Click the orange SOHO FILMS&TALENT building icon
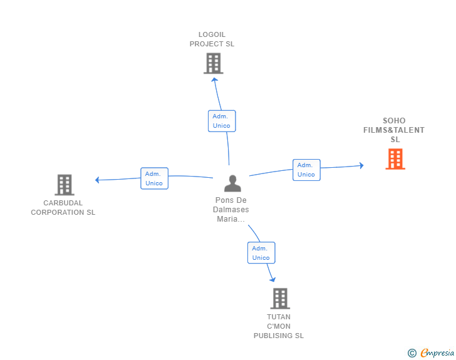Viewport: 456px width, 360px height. [395, 159]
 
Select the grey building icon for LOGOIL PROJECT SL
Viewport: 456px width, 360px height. [214, 63]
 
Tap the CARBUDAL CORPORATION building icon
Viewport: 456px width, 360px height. [65, 185]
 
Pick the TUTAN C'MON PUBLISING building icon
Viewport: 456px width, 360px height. [280, 299]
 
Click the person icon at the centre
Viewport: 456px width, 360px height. [232, 183]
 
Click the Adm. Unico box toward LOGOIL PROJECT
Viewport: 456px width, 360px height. [222, 121]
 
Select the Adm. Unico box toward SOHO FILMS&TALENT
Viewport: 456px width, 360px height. [306, 170]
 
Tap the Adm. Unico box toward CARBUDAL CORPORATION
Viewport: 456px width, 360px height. [155, 178]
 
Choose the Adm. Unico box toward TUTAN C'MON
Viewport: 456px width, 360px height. [261, 253]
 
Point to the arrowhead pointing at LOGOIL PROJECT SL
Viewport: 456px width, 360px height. [215, 80]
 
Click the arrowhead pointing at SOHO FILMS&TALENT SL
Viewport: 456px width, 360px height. [361, 165]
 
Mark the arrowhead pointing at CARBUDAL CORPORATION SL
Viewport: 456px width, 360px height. [98, 180]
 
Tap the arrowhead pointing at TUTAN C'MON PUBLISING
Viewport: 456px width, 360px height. [272, 279]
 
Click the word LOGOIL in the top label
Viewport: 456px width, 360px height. [212, 34]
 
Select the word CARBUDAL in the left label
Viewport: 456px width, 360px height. [63, 203]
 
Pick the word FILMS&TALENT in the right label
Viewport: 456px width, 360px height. [394, 130]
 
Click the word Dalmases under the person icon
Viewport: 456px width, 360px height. [231, 209]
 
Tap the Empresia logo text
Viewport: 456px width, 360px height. [437, 352]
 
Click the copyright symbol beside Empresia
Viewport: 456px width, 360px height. [412, 353]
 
